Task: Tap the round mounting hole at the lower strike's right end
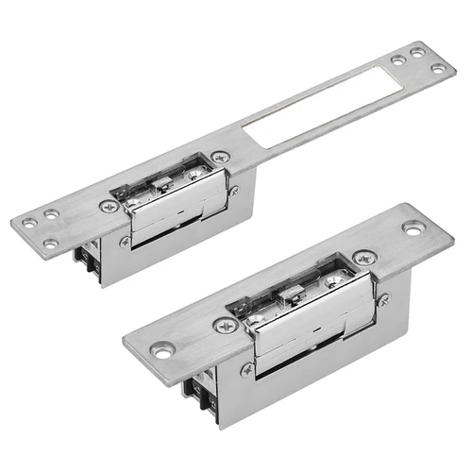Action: click(x=413, y=228)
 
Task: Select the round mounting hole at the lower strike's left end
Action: click(x=165, y=350)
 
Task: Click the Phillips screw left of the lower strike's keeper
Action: click(x=225, y=325)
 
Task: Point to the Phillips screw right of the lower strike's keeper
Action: click(x=362, y=257)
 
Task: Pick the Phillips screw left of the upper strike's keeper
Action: click(x=110, y=204)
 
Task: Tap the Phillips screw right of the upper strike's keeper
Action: click(x=220, y=158)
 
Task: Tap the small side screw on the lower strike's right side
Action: click(x=383, y=299)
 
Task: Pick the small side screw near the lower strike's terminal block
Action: click(x=246, y=369)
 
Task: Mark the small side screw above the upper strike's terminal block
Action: click(x=125, y=241)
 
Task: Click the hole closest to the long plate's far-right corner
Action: click(x=439, y=67)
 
